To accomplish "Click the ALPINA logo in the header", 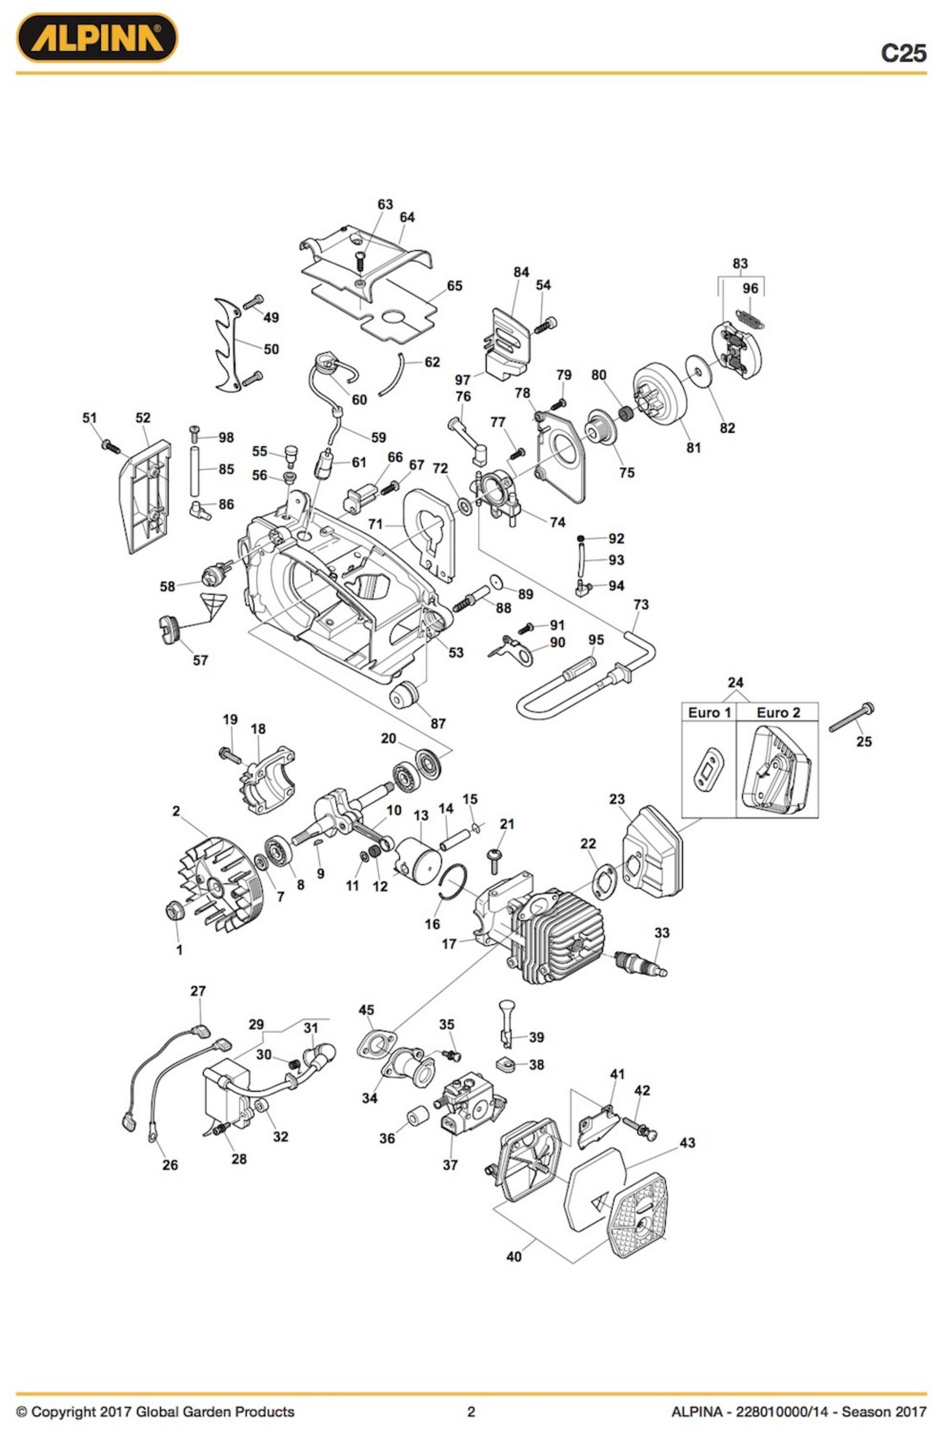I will point(96,37).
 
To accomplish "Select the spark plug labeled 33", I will point(639,963).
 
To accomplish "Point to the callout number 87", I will point(438,723).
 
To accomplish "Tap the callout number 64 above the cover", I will point(407,217).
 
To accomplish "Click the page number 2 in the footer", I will point(471,1412).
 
